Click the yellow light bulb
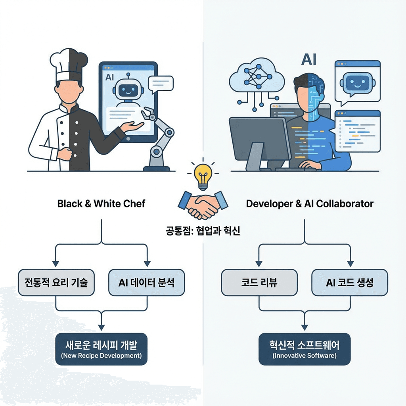pyautogui.click(x=203, y=177)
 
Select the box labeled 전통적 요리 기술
pyautogui.click(x=56, y=282)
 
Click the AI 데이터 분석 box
pyautogui.click(x=147, y=282)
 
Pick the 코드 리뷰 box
pyautogui.click(x=259, y=282)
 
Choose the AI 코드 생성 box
pyautogui.click(x=350, y=282)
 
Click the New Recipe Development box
pyautogui.click(x=101, y=349)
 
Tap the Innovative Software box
pyautogui.click(x=304, y=349)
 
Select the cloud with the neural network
pyautogui.click(x=257, y=77)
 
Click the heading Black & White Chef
pyautogui.click(x=101, y=204)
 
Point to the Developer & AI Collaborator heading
pyautogui.click(x=310, y=204)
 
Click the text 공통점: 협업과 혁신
pyautogui.click(x=203, y=230)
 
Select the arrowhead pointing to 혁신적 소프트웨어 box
pyautogui.click(x=304, y=327)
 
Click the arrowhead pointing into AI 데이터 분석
pyautogui.click(x=147, y=264)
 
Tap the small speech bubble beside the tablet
pyautogui.click(x=161, y=84)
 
